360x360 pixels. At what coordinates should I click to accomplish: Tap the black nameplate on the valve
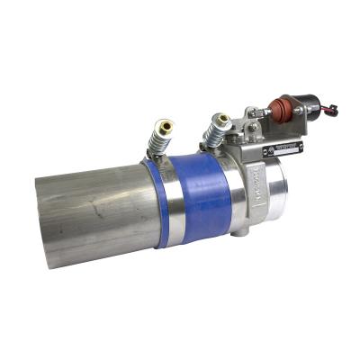(x=283, y=149)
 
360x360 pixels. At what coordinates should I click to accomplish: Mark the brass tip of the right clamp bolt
(x=222, y=117)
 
